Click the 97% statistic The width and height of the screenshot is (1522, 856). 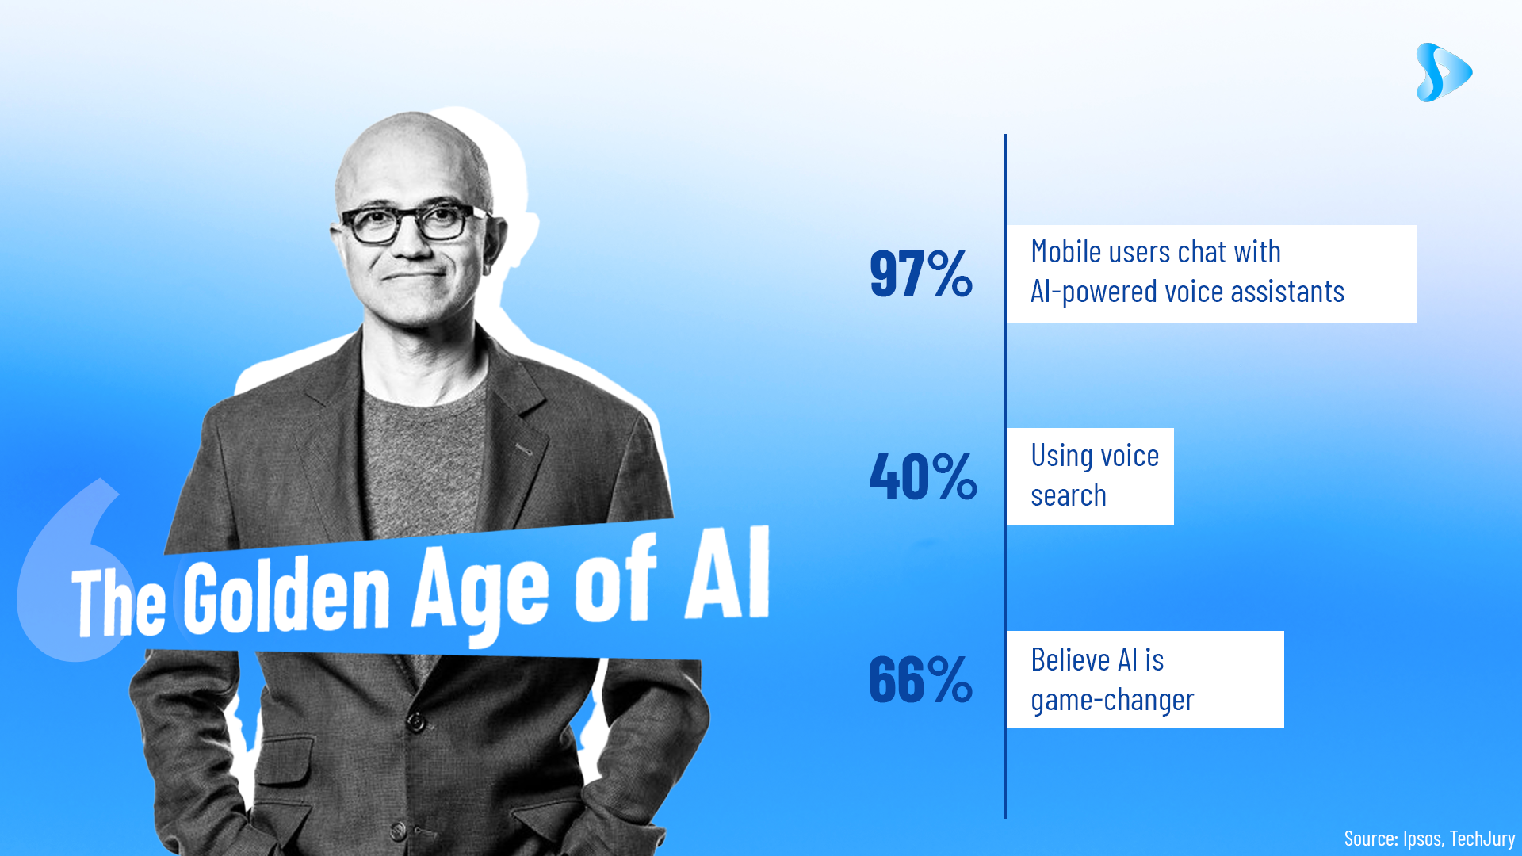921,273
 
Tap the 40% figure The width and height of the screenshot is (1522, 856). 924,476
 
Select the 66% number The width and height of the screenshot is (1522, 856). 921,679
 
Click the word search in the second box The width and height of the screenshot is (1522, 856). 1069,495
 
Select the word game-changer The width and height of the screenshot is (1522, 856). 1112,701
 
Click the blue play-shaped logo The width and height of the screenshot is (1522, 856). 1444,72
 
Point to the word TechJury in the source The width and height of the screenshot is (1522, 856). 1482,839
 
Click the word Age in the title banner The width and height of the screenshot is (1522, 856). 480,590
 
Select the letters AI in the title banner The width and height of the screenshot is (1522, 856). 728,572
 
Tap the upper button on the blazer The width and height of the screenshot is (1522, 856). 415,721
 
